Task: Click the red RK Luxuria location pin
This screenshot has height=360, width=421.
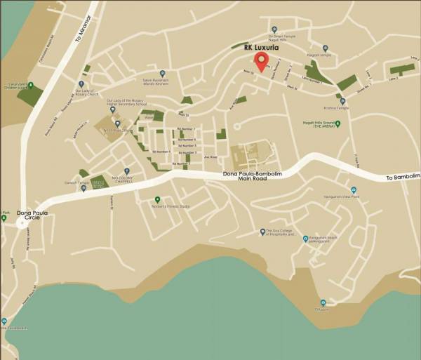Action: pos(261,61)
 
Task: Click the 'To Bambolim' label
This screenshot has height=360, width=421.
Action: pos(403,178)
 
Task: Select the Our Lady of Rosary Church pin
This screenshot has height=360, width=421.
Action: pos(81,84)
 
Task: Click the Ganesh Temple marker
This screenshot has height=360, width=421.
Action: pos(83,188)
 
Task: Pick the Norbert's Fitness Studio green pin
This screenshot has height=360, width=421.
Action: pos(157,200)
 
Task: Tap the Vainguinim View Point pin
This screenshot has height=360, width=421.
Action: pos(354,190)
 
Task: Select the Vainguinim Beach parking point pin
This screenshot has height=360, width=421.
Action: pos(306,239)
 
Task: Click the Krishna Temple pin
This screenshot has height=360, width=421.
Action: pos(342,102)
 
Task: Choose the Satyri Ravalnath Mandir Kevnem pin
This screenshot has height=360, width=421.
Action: pos(162,73)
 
